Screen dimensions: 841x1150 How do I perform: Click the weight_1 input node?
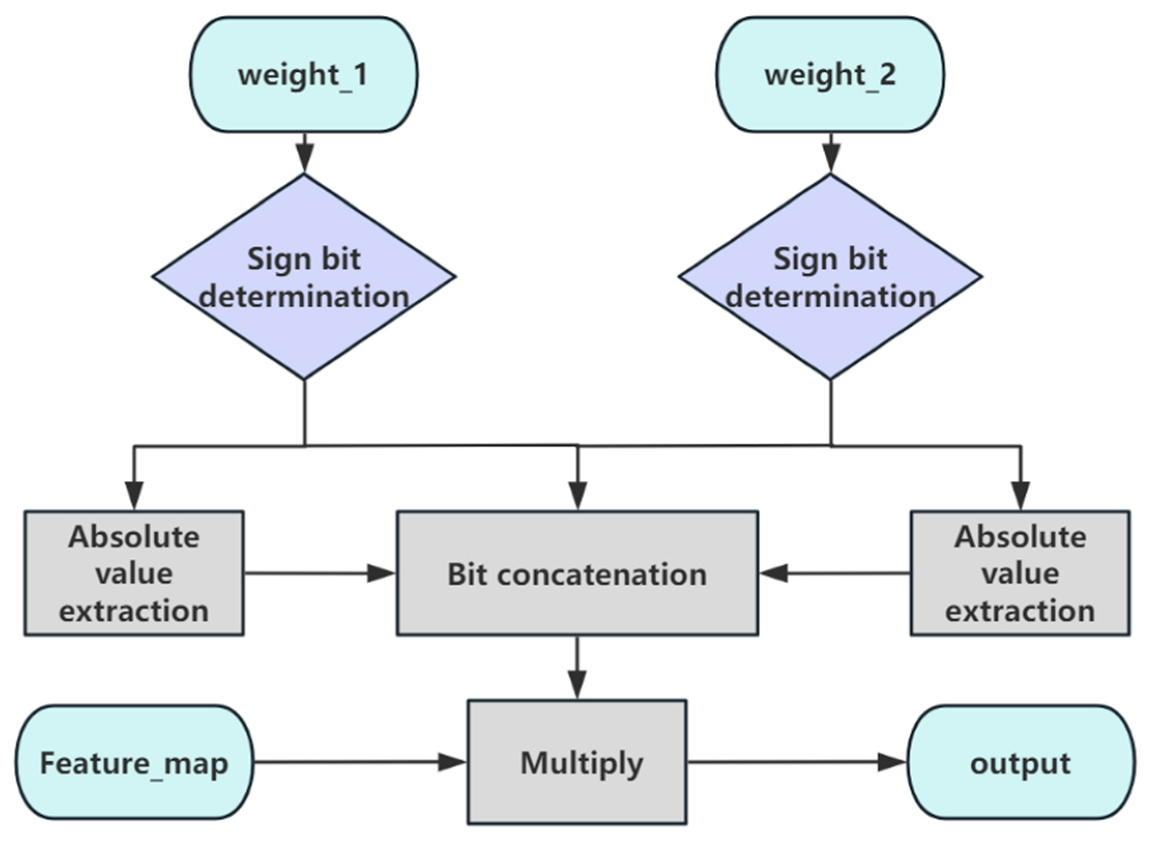point(303,75)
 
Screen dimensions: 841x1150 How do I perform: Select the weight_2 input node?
point(830,75)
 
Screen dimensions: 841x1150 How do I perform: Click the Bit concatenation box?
point(577,574)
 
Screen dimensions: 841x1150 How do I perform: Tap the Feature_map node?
point(134,762)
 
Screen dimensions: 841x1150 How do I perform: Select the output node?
point(1021,762)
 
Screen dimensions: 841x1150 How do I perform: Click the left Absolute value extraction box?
point(134,574)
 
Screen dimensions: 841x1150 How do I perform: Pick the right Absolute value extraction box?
point(1020,574)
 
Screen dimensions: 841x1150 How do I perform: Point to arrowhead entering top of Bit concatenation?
point(578,495)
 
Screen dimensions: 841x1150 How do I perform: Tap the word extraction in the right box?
point(1020,611)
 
